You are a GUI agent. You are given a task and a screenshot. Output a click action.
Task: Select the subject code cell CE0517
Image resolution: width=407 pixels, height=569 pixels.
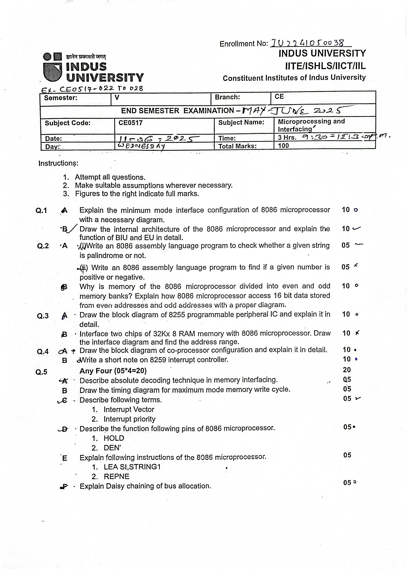coord(130,123)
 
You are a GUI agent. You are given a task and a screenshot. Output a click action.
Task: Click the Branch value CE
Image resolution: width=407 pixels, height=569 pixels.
coord(279,97)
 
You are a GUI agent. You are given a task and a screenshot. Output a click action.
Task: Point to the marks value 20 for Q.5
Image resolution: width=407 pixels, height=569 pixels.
coord(347,370)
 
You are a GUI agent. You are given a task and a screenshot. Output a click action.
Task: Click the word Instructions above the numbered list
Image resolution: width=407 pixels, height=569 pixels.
coord(58,163)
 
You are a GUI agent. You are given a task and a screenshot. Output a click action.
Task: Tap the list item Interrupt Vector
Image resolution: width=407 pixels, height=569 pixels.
coord(129,409)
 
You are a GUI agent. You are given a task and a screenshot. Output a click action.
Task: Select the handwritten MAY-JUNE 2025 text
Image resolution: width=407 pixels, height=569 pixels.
coord(292,110)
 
